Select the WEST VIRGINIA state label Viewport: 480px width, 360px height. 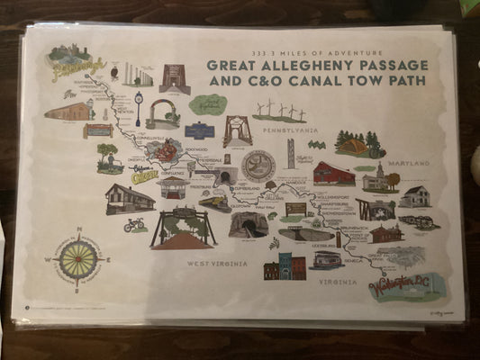(x=217, y=262)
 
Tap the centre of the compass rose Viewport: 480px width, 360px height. (x=78, y=258)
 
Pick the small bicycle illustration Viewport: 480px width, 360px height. (x=134, y=224)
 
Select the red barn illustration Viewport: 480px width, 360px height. (x=333, y=174)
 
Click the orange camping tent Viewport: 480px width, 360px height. (x=352, y=147)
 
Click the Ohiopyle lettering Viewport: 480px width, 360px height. (x=145, y=177)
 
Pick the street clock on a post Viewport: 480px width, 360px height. (x=138, y=102)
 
